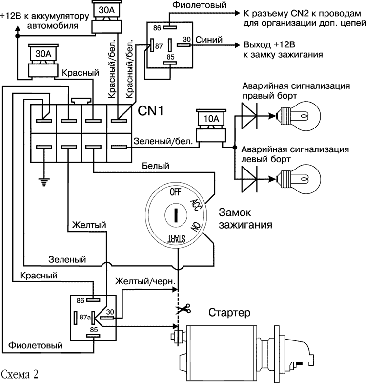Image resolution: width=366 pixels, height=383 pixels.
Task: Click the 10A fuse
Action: (209, 119)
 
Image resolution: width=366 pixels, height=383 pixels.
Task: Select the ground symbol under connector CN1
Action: (44, 181)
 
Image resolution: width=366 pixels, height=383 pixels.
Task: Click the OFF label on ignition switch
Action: (174, 191)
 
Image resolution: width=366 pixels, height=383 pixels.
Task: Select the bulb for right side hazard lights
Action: (298, 117)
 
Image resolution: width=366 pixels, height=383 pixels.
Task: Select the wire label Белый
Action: (153, 167)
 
